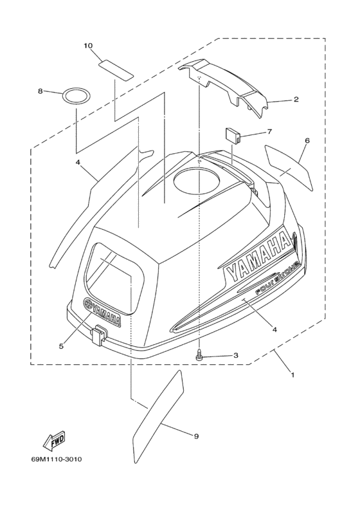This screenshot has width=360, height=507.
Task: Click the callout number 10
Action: coord(88,46)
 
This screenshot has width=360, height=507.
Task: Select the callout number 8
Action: coord(40,91)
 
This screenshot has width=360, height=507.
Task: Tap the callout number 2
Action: coord(296,100)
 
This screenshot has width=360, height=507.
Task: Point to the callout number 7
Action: coord(269,132)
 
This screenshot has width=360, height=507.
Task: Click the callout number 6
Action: coord(307,140)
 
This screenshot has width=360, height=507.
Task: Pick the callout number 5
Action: coord(61,346)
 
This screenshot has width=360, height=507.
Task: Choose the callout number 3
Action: coord(236,355)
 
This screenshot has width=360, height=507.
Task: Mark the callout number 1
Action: coord(292,375)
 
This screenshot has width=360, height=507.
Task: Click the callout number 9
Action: coord(196,436)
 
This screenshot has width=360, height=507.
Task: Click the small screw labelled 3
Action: coord(199,356)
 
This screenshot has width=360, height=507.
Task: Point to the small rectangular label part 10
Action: coord(116,69)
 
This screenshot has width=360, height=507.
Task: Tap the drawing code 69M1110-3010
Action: coord(57,459)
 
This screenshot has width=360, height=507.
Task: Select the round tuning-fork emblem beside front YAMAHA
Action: coord(88,304)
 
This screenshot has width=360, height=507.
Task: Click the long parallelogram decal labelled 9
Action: coord(158,416)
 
